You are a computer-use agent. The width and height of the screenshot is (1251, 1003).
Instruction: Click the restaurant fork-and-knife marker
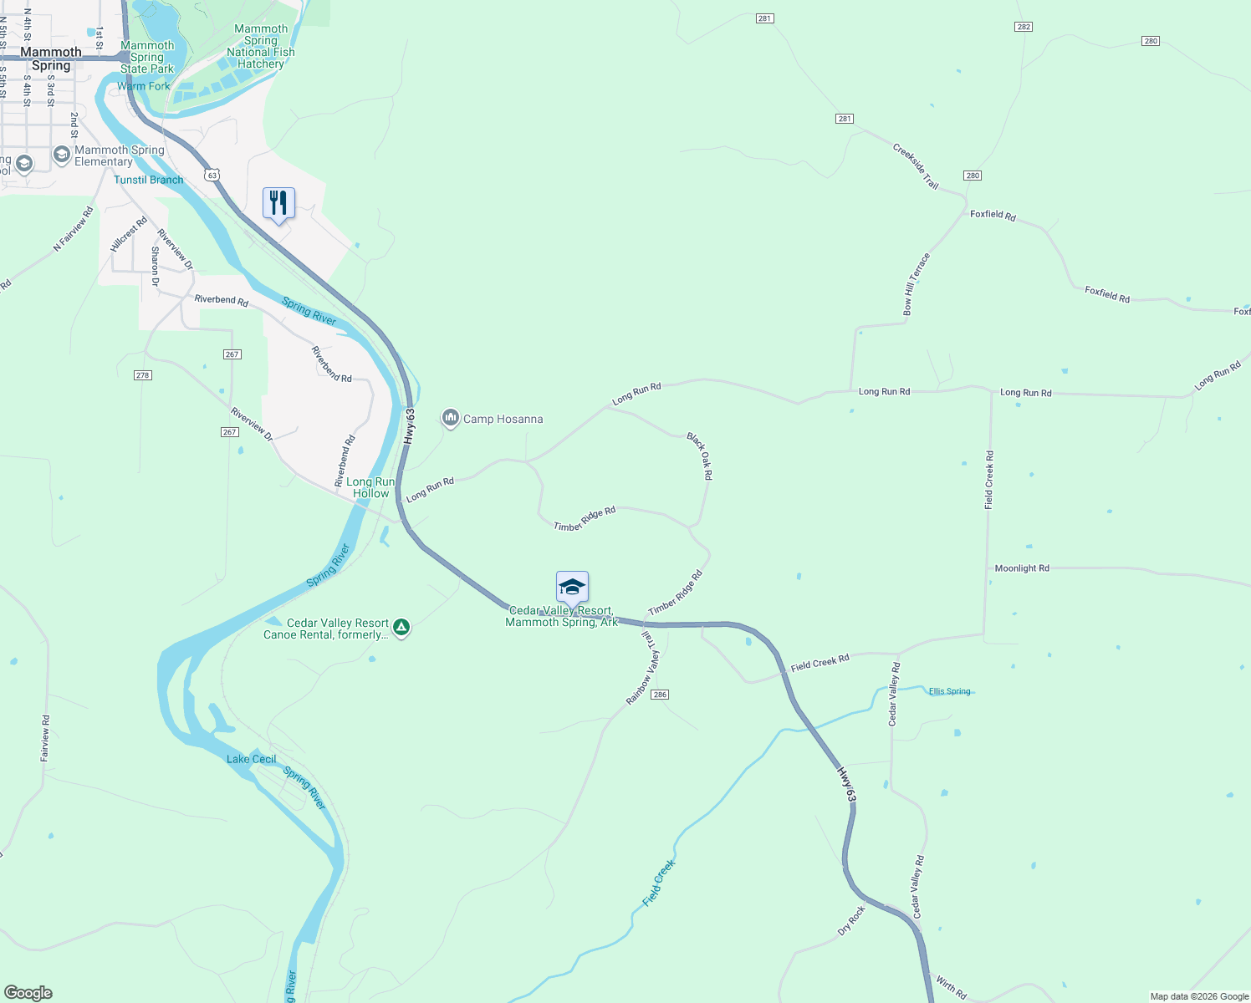[x=278, y=203]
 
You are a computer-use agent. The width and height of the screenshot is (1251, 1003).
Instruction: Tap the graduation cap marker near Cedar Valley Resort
[x=572, y=587]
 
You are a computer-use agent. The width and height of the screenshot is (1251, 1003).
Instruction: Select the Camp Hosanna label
[x=503, y=419]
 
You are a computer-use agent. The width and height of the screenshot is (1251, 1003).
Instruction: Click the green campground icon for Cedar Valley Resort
[x=401, y=627]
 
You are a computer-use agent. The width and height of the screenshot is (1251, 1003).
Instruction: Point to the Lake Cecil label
[x=251, y=759]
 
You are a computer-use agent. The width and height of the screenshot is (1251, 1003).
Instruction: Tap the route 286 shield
[x=660, y=695]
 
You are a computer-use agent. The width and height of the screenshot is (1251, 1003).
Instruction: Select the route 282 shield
[x=1024, y=27]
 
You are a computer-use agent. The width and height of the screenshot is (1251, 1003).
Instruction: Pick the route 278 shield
[x=142, y=375]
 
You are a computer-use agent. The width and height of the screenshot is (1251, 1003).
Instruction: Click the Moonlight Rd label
[x=1021, y=568]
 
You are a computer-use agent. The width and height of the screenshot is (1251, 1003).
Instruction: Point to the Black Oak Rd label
[x=700, y=456]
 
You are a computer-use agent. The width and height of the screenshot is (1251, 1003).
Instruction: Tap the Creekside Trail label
[x=916, y=165]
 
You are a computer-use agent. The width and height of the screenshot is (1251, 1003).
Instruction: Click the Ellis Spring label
[x=950, y=691]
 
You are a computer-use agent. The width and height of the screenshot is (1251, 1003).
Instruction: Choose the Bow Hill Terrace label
[x=916, y=284]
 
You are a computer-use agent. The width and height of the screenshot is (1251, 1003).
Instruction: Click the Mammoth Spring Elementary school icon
[x=61, y=155]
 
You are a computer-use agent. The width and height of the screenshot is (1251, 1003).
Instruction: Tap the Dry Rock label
[x=851, y=921]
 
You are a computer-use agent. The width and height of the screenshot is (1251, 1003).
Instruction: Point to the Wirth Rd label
[x=951, y=987]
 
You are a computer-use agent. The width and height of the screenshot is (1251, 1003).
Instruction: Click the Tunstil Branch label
[x=148, y=180]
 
